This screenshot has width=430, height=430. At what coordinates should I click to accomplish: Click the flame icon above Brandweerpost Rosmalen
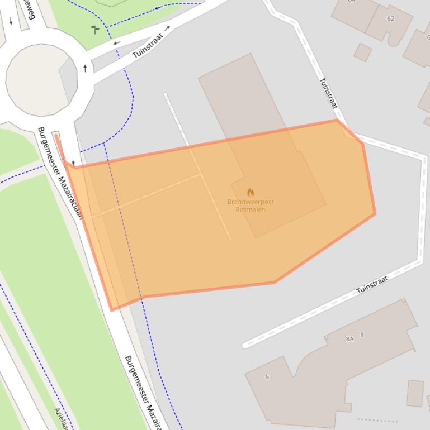tap(251, 192)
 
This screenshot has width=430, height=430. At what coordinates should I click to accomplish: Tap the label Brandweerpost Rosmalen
tap(251, 206)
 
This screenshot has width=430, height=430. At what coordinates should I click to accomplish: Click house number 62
tap(390, 18)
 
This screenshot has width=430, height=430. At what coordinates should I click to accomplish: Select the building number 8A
tap(350, 338)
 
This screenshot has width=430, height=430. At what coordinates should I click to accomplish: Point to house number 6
tap(267, 377)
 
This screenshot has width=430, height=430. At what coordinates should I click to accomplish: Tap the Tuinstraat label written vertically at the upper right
tap(329, 93)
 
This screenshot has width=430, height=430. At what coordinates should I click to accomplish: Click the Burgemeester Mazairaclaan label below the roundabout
tap(59, 173)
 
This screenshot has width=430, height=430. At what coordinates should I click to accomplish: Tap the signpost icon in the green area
tap(95, 29)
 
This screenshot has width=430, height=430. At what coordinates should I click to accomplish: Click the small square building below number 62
tap(362, 52)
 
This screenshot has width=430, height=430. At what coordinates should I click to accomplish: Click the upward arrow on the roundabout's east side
tap(85, 68)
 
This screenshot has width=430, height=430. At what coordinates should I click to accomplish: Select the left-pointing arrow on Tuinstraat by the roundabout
tap(117, 43)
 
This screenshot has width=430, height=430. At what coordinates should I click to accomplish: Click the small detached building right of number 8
tap(415, 393)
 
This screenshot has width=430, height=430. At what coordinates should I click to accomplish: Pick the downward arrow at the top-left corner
tap(11, 21)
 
